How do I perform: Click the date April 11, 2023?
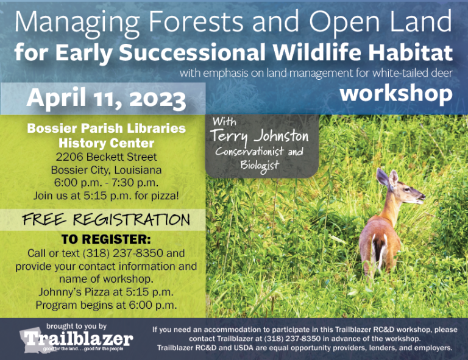[x=106, y=99]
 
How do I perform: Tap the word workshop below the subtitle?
[x=396, y=93]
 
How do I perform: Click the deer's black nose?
[x=423, y=196]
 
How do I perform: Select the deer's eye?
[x=407, y=188]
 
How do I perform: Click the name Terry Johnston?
[x=260, y=136]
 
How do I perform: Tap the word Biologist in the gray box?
[x=260, y=166]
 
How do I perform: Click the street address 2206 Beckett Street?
[x=106, y=157]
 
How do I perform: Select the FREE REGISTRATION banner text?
[x=106, y=220]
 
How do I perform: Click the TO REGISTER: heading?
[x=106, y=239]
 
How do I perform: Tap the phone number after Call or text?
[x=123, y=253]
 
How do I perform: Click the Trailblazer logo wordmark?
[x=79, y=339]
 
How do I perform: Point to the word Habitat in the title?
[x=410, y=52]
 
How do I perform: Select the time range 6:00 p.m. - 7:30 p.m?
[x=106, y=183]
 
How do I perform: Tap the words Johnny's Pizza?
[x=74, y=292]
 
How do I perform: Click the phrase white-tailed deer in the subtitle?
[x=413, y=73]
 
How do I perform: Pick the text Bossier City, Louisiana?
[x=106, y=170]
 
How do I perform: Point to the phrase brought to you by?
[x=76, y=326]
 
